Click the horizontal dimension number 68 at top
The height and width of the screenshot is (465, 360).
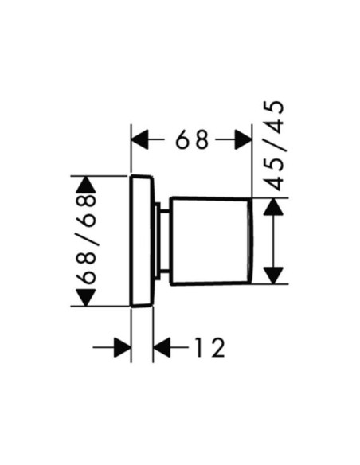192,139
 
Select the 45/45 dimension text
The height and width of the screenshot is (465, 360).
274,145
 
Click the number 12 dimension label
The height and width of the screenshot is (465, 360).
210,347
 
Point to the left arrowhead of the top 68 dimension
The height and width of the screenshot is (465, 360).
139,139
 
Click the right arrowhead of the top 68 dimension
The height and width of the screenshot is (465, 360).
243,139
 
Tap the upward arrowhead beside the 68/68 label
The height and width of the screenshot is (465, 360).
86,185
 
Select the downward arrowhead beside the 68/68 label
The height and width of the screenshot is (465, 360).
86,298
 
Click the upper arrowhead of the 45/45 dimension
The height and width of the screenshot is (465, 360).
273,206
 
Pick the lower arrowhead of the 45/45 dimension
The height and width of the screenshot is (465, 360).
273,275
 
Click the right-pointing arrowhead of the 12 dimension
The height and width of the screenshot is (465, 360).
123,347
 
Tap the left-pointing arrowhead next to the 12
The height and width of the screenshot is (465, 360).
162,347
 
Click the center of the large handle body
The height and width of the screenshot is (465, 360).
209,240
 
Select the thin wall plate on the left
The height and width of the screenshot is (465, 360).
142,240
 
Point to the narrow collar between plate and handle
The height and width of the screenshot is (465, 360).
162,240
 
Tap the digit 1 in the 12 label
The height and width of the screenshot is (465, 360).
199,347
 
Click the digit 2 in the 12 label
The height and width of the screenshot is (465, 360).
218,347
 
